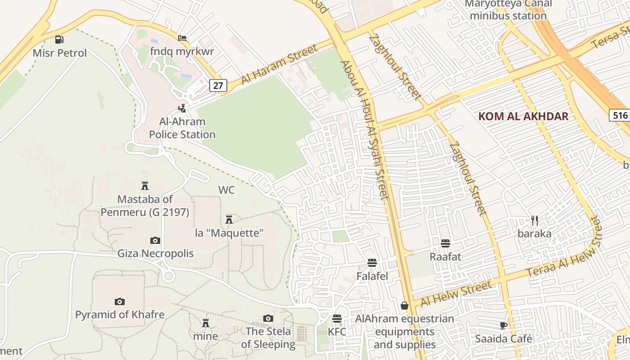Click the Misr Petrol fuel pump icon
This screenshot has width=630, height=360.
tap(59, 40)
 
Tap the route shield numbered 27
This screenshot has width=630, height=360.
tap(218, 85)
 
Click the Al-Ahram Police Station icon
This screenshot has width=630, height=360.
tap(182, 108)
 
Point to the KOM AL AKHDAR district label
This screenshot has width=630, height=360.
tap(523, 117)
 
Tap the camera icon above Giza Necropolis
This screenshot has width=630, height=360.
tap(155, 241)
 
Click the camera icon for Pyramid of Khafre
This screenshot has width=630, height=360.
tap(119, 301)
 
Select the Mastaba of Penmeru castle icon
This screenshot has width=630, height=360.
tap(145, 186)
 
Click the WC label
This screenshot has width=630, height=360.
tap(226, 190)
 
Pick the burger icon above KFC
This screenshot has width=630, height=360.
tap(337, 319)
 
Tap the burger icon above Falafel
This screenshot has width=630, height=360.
tap(372, 263)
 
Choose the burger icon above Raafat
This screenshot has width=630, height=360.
tap(445, 243)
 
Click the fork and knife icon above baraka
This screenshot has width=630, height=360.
tap(535, 220)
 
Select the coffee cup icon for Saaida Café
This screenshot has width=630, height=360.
tap(504, 325)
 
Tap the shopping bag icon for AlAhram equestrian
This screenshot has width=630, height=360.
tap(405, 306)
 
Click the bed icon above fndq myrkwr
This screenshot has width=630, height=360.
tap(182, 38)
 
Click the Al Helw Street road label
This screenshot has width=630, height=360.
tap(456, 294)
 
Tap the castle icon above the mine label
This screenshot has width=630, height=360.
tap(206, 323)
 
